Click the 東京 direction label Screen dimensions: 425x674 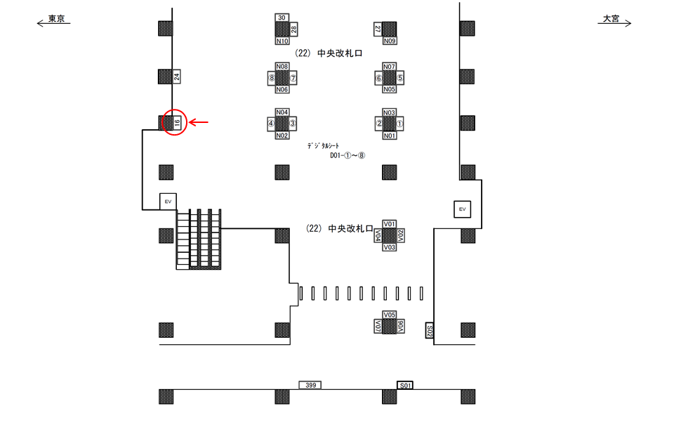[56, 19]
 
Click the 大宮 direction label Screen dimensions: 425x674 [610, 19]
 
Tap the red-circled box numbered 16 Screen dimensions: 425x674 [176, 123]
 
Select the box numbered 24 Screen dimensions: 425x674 [176, 77]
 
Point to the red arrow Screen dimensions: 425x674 [200, 123]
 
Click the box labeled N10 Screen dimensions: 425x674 [282, 41]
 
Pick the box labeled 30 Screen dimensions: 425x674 [282, 17]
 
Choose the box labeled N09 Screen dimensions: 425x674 [390, 41]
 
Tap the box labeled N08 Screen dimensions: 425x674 [282, 66]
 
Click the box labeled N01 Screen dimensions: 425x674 [390, 136]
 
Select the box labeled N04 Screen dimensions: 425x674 [282, 112]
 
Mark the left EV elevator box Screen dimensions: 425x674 [167, 202]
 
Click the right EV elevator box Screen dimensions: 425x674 [461, 209]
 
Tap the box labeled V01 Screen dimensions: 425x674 [390, 223]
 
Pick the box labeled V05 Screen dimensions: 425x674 [390, 314]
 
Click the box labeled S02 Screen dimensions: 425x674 [430, 330]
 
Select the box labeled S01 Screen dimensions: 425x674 [405, 385]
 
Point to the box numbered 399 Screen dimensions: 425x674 [310, 385]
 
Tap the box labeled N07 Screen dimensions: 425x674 [390, 66]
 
